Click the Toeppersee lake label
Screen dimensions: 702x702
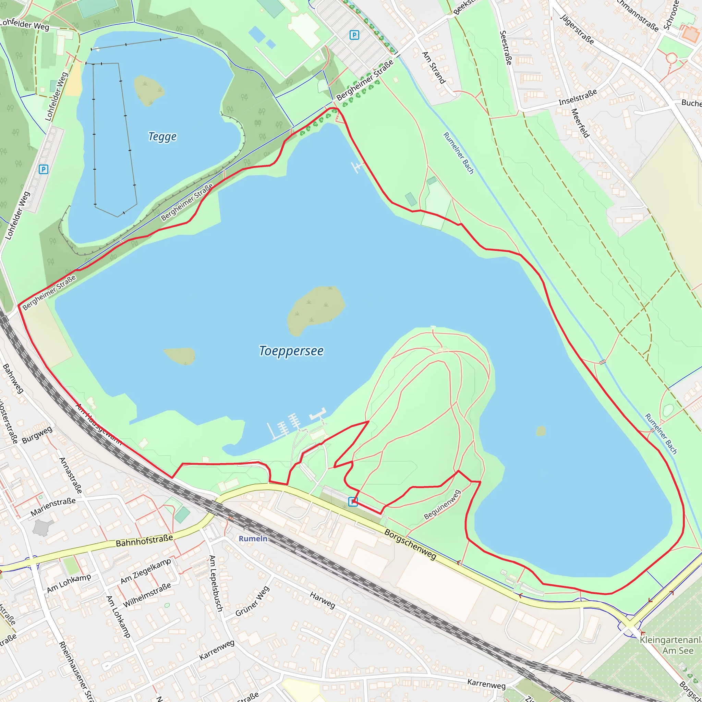click(x=291, y=351)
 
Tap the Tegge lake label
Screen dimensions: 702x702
click(x=162, y=137)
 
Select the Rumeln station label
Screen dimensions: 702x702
click(x=253, y=538)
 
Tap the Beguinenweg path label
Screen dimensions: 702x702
click(x=442, y=505)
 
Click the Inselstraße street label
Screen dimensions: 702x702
click(x=578, y=97)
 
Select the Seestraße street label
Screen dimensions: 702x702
click(x=506, y=48)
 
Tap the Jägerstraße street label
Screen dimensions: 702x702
click(x=577, y=29)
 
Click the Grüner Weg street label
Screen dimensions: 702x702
click(x=253, y=601)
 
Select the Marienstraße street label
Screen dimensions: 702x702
click(x=53, y=507)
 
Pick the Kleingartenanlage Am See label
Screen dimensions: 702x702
click(x=670, y=645)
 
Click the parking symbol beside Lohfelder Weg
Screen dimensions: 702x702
click(x=43, y=169)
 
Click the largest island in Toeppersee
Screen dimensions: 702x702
click(x=315, y=310)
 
